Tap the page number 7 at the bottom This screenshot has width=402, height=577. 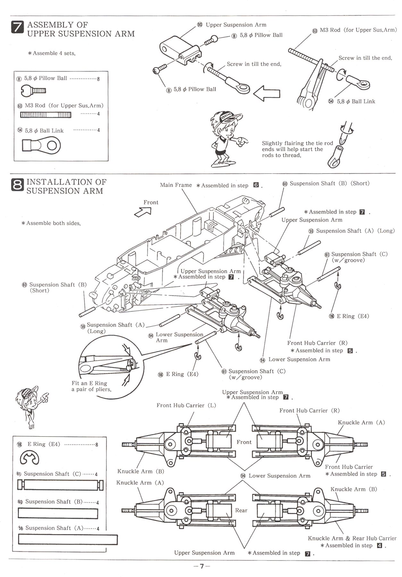pos(202,566)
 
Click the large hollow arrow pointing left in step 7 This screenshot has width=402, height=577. pos(267,93)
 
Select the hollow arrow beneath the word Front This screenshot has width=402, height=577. pos(143,212)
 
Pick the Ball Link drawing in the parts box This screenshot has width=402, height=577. pos(41,146)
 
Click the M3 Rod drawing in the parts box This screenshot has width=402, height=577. pos(46,115)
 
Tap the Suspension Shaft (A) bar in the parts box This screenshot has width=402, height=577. pos(68,540)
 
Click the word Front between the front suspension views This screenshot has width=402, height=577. pos(244,442)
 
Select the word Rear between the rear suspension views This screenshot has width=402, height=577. pos(241,510)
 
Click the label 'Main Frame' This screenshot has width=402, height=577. pos(176,185)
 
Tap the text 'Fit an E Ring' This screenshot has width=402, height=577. pos(89,383)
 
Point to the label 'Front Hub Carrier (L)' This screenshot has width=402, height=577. pos(186,406)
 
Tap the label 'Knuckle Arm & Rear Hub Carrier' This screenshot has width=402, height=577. pos(352,538)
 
